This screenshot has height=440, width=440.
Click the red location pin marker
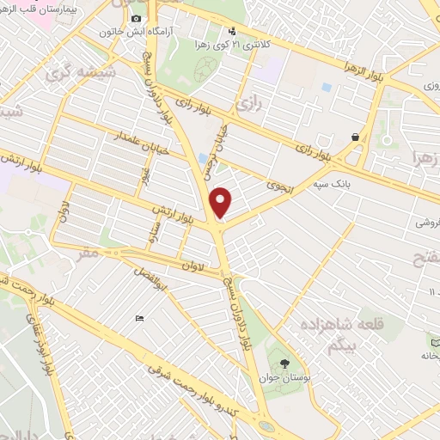221,202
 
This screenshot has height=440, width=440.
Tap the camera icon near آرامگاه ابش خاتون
135,19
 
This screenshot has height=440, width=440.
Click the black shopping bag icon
355,137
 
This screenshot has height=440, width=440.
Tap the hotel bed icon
139,320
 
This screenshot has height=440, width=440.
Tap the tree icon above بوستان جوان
285,362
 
